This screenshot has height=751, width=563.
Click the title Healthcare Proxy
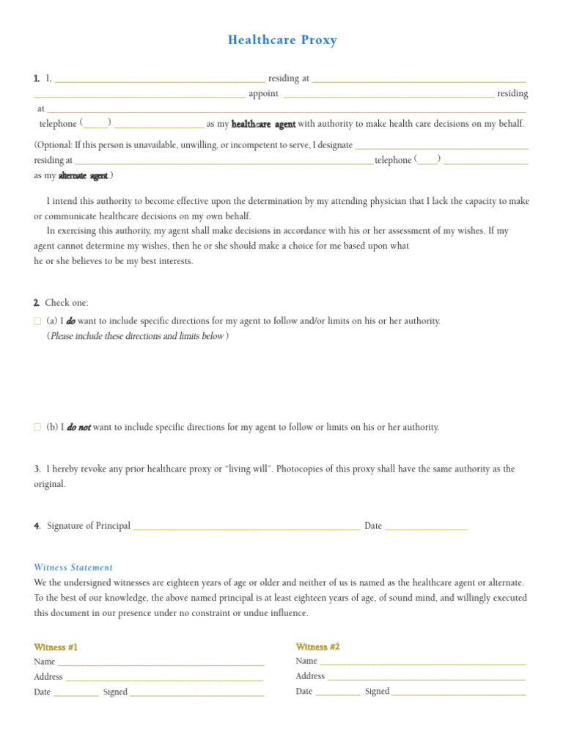tap(282, 40)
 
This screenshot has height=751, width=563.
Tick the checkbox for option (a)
tap(37, 321)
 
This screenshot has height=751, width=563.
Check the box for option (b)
tap(37, 427)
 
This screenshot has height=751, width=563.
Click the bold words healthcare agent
tap(263, 124)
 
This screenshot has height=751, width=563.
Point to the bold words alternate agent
tap(83, 176)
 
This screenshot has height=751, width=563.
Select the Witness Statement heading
tap(73, 567)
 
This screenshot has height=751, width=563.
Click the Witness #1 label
tap(56, 647)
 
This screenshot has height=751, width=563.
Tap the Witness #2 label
tap(317, 646)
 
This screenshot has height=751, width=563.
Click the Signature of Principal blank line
tap(246, 527)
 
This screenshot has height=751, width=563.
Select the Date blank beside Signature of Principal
tap(426, 527)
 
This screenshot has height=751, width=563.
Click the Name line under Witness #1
tap(161, 662)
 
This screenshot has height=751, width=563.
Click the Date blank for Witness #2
tap(338, 692)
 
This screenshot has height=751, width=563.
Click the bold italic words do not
tap(78, 428)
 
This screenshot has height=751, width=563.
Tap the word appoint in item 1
tap(263, 94)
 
